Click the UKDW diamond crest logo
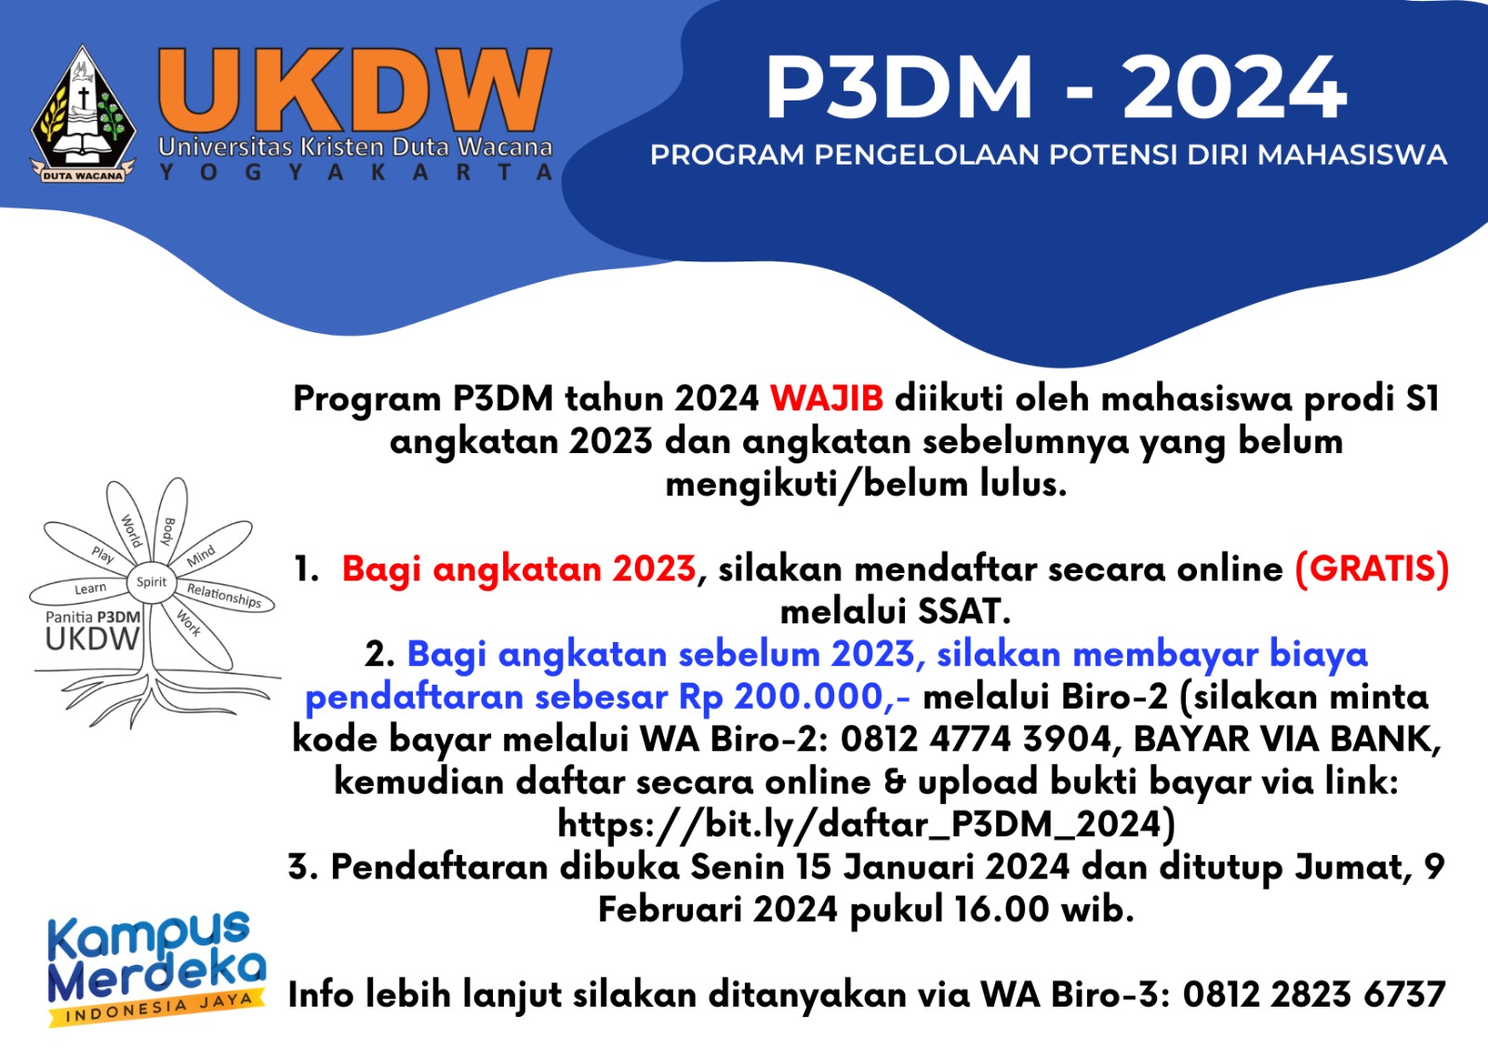[x=83, y=114]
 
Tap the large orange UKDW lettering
[x=354, y=90]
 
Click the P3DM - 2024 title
[x=1056, y=88]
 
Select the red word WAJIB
[x=827, y=399]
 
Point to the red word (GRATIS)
[x=1372, y=568]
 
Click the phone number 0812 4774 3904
[x=976, y=739]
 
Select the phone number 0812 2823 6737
[x=1314, y=995]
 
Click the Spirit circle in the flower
[x=152, y=582]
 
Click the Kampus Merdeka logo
[x=157, y=968]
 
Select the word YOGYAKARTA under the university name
[x=356, y=172]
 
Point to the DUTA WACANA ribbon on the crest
[x=83, y=176]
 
